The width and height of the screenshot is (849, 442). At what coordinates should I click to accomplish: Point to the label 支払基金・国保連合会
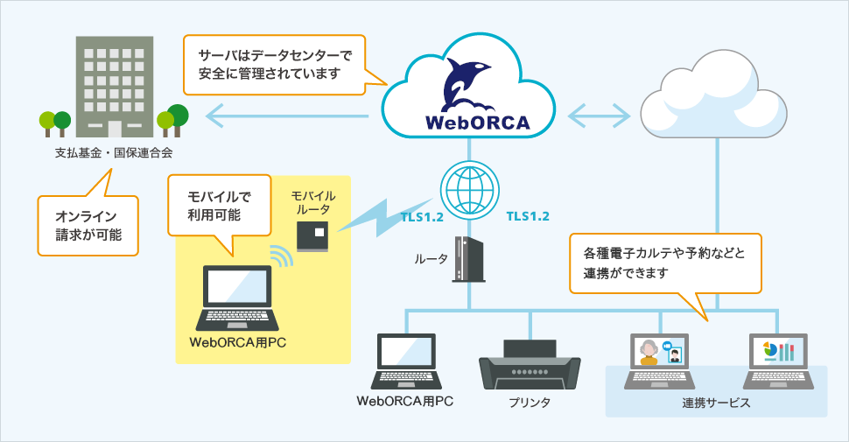[114, 153]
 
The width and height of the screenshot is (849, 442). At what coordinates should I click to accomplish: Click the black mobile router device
[314, 235]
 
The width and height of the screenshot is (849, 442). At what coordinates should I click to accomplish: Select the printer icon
[530, 363]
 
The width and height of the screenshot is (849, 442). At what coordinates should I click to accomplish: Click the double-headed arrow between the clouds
[600, 114]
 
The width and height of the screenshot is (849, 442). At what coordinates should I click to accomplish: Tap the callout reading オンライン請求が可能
[88, 225]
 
